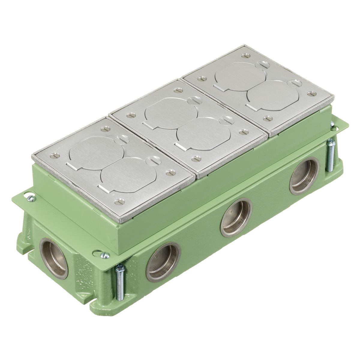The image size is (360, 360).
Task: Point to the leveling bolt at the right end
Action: point(331,156)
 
